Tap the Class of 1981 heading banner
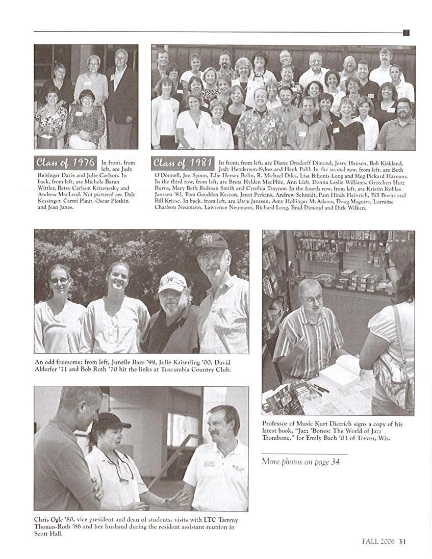182,163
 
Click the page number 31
402,542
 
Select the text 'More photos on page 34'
300,462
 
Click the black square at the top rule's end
406,33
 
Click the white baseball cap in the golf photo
172,281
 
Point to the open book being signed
341,374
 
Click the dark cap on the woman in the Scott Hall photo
109,420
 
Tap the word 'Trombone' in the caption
278,438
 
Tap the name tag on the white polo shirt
209,464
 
